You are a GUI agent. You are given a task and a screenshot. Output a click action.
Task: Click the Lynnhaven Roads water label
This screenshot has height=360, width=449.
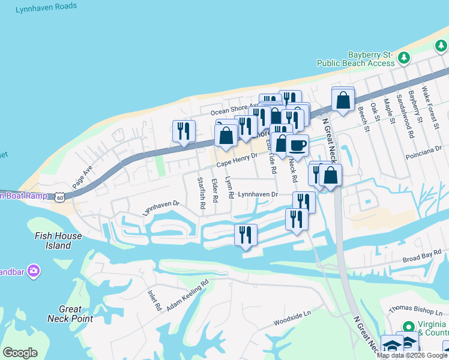coord(46,6)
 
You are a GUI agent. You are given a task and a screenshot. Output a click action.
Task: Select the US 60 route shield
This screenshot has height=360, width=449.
coord(58,196)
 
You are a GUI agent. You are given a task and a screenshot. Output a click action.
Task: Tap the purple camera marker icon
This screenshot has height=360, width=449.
coord(34,271)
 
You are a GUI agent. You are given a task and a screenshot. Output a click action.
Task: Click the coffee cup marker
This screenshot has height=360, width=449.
coord(297,144)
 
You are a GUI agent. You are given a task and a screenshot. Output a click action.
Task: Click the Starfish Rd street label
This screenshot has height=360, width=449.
coord(202,192)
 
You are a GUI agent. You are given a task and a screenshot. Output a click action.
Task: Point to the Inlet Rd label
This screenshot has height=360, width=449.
coord(155,299)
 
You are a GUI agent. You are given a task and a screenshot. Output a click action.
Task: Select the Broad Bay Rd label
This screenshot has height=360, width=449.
coord(423,259)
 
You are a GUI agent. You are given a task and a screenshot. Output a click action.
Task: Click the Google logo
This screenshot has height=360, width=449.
coord(20,352)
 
